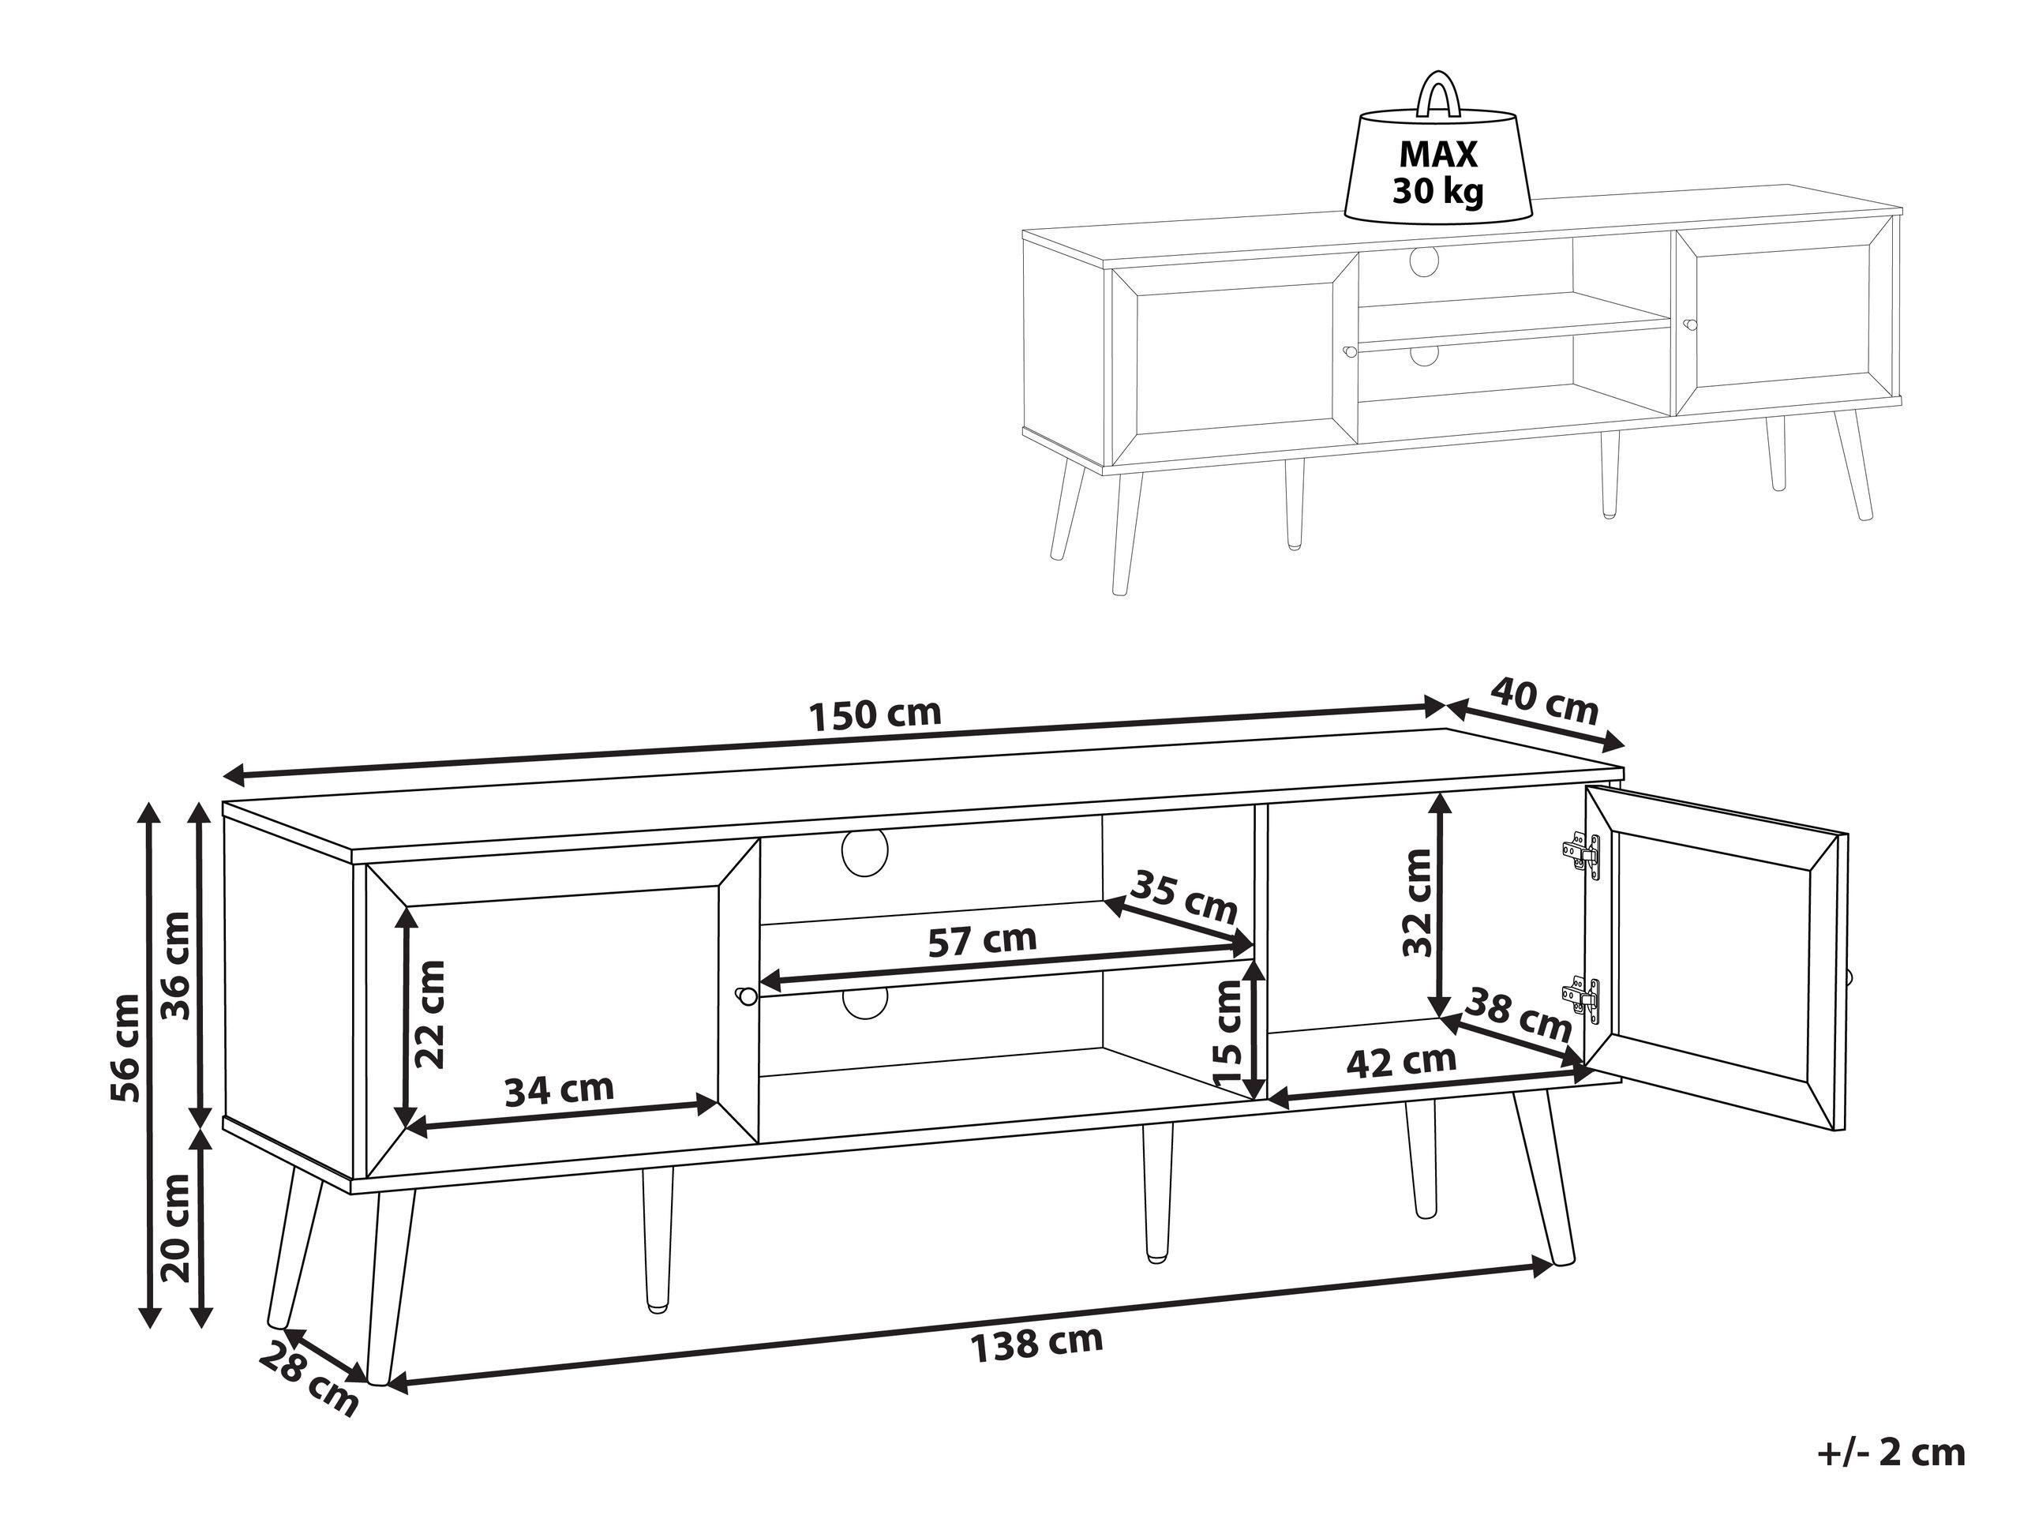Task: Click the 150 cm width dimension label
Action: click(875, 713)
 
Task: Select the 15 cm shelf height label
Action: click(1229, 1032)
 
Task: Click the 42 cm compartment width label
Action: click(1402, 1061)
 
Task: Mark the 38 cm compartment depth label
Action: click(1518, 1014)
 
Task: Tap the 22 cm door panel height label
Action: click(429, 1014)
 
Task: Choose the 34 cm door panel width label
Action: click(559, 1089)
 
